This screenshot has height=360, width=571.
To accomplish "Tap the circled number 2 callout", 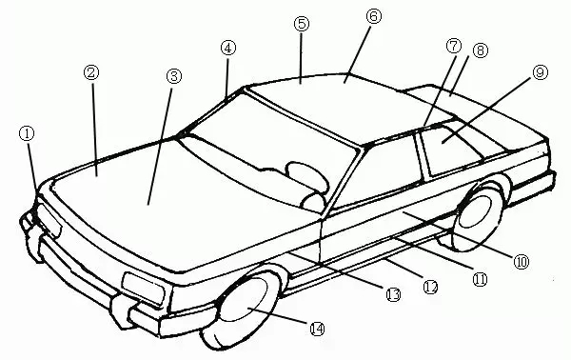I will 92,72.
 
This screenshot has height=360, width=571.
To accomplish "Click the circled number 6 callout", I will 371,16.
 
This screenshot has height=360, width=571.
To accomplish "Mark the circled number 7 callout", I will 452,45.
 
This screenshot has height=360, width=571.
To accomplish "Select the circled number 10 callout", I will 520,259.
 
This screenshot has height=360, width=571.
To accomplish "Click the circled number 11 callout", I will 479,279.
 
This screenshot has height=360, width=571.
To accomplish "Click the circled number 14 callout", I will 317,328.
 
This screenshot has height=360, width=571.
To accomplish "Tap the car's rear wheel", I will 482,218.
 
